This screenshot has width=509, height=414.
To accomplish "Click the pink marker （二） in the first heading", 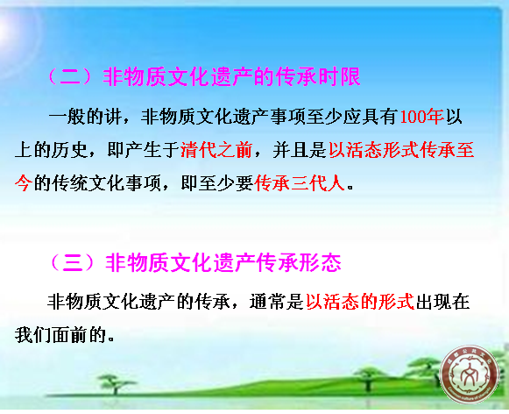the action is (71, 76).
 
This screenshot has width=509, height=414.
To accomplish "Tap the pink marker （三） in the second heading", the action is (73, 262).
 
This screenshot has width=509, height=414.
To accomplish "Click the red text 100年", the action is (422, 117).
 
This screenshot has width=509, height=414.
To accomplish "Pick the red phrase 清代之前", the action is (216, 150).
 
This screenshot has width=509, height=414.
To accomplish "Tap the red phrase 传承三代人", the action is (300, 183).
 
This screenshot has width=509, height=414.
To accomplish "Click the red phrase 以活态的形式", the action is (360, 302).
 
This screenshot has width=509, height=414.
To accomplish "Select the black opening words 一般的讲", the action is (85, 117).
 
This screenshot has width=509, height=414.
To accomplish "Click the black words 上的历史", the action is (52, 150).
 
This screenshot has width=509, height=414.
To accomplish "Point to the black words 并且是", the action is (300, 150).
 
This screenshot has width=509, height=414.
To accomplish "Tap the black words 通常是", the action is (276, 302).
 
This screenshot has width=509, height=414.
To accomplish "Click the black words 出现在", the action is (442, 302).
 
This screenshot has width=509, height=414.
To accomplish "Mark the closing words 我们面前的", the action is (60, 335).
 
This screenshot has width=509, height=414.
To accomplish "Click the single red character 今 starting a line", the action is (24, 183).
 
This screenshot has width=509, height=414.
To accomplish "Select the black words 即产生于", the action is (143, 150).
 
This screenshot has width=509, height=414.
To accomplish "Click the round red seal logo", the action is (469, 374).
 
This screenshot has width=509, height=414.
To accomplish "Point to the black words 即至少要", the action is (217, 183).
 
